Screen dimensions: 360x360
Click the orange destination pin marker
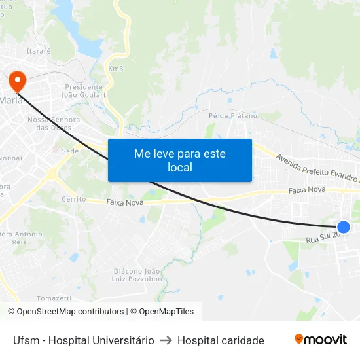(x=16, y=81)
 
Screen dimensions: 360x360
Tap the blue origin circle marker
(x=343, y=227)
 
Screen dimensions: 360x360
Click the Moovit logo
(x=320, y=340)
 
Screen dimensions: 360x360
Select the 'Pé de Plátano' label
(x=232, y=116)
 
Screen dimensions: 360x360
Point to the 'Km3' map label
(x=116, y=69)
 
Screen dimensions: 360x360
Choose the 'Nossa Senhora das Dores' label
(x=54, y=124)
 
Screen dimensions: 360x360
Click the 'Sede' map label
(x=70, y=151)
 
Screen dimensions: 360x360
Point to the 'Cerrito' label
(x=73, y=198)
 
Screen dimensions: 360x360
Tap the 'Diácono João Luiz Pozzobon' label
(x=137, y=275)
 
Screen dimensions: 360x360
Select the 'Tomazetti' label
(x=54, y=298)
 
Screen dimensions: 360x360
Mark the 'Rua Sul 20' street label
(x=323, y=238)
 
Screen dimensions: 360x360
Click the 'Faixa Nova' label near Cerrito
(x=125, y=203)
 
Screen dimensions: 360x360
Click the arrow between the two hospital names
(x=166, y=340)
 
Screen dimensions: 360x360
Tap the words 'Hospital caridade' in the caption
(x=221, y=340)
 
